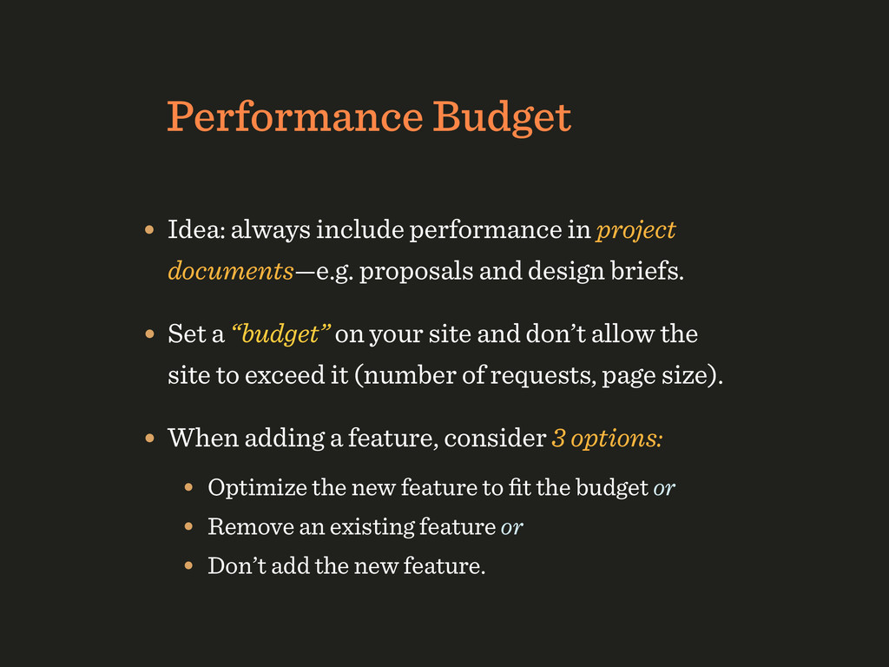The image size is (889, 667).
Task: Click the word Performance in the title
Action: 295,117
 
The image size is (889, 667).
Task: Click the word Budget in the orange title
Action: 503,118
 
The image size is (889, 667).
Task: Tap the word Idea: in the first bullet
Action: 196,229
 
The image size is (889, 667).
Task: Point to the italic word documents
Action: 231,271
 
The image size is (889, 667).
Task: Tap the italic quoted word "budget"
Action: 280,334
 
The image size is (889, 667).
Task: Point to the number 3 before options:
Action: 558,439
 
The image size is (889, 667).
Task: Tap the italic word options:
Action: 617,439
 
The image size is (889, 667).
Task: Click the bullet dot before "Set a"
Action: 149,334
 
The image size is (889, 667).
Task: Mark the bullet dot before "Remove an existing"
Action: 188,527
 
